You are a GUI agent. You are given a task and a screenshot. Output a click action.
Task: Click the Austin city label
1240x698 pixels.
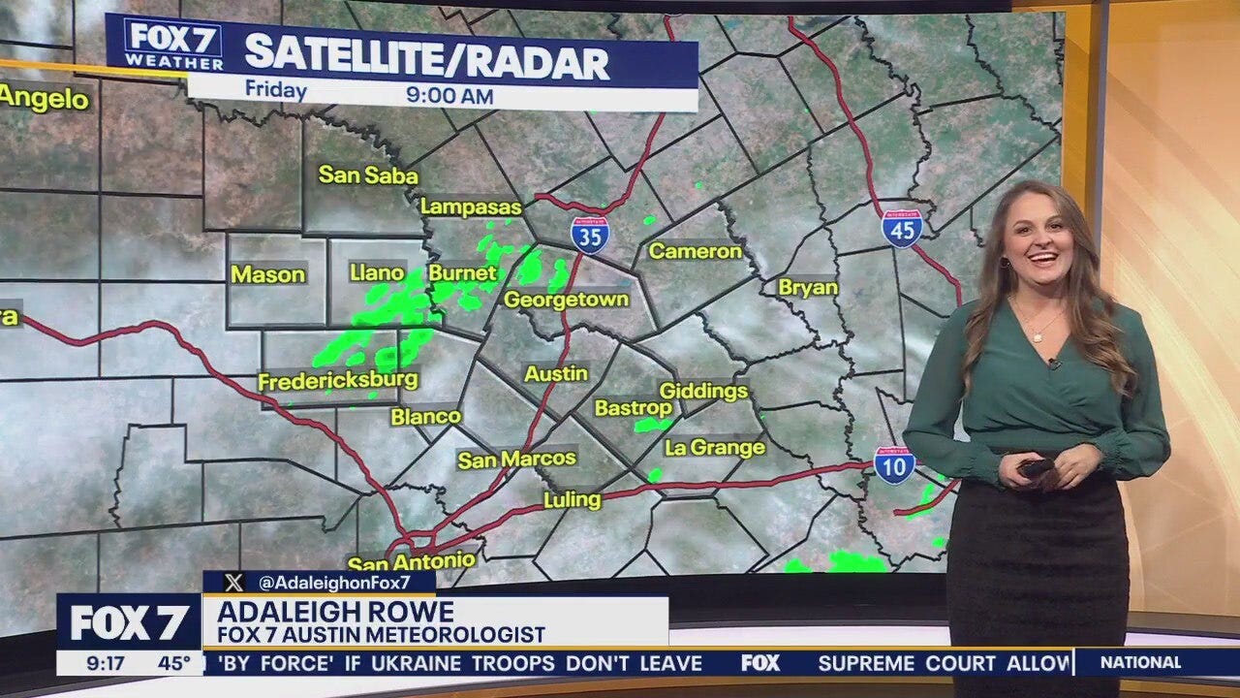[x=556, y=373]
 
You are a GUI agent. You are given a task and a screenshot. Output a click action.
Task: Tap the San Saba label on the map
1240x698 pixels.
[x=368, y=175]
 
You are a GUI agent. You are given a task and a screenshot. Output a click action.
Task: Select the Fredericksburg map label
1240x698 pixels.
[x=338, y=381]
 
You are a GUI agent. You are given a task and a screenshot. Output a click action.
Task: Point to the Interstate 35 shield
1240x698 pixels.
[x=589, y=236]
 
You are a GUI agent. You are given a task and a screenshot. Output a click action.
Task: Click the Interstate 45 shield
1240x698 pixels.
[x=901, y=229]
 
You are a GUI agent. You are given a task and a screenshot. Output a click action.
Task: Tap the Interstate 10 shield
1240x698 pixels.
[x=894, y=465]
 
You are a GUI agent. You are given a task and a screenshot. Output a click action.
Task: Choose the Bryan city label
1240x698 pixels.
[x=808, y=288]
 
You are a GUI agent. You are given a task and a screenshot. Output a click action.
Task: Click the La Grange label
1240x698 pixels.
[x=715, y=448]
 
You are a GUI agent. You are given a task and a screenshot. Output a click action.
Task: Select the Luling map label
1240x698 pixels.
[x=572, y=500]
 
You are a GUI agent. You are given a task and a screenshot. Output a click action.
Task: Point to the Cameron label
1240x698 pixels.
[x=695, y=251]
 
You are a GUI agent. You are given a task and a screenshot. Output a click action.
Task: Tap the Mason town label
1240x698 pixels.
[x=267, y=274]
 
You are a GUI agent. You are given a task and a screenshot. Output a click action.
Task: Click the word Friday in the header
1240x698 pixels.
[x=276, y=91]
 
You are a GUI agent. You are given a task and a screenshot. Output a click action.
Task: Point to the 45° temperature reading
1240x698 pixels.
[x=175, y=664]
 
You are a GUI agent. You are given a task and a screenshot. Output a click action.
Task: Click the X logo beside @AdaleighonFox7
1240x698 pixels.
[x=233, y=583]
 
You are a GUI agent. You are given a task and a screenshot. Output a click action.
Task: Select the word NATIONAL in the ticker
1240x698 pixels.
[x=1139, y=663]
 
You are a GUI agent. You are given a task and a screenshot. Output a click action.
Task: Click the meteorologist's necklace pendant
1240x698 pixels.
[x=1036, y=337]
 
